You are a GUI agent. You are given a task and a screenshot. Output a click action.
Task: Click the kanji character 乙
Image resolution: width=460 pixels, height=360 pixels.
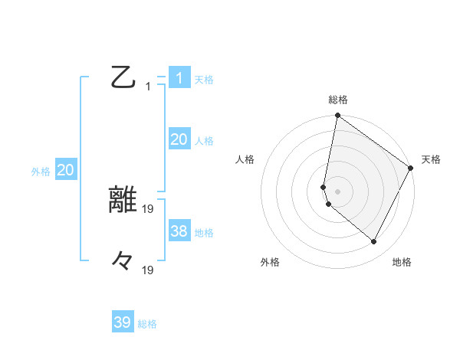tap(122, 78)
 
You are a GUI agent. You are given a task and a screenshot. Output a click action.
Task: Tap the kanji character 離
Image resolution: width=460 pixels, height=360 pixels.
tap(123, 200)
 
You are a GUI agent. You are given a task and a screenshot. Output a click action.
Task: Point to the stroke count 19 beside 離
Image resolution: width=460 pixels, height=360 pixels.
tap(149, 208)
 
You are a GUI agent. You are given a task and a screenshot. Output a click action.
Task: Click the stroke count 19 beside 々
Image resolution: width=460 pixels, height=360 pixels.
tap(149, 270)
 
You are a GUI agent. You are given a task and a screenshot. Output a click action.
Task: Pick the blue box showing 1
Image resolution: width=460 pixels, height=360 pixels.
tap(179, 78)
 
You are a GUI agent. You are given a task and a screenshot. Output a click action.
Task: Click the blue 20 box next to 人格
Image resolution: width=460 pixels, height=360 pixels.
tap(179, 139)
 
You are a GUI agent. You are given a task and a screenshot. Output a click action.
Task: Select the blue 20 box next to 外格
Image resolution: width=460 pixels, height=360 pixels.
tap(65, 170)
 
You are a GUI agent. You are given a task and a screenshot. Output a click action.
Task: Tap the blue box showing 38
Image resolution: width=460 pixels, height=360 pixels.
tap(179, 231)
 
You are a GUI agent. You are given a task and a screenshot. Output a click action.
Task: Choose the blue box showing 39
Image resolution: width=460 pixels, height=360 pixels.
tap(122, 322)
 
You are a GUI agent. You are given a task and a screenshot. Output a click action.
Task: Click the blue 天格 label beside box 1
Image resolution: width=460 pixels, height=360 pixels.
tap(204, 80)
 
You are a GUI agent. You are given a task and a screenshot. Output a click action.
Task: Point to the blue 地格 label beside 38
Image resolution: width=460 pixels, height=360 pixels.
tap(204, 232)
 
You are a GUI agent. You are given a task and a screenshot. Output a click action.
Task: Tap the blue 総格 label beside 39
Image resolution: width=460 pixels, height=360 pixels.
tap(147, 324)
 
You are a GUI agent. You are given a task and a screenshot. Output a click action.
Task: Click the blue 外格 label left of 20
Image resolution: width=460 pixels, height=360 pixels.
tap(41, 172)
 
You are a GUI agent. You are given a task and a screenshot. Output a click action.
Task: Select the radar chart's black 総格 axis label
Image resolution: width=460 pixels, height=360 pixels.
tap(338, 100)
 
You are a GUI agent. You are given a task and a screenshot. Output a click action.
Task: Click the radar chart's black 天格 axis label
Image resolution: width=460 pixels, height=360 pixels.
tap(431, 159)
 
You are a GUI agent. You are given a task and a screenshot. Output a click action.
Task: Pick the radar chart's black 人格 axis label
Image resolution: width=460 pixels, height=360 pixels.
tap(245, 159)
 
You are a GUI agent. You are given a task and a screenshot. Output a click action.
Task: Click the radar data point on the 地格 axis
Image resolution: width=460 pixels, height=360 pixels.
tap(374, 242)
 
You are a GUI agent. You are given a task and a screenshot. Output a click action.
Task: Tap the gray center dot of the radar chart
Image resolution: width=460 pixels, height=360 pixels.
tap(338, 191)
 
